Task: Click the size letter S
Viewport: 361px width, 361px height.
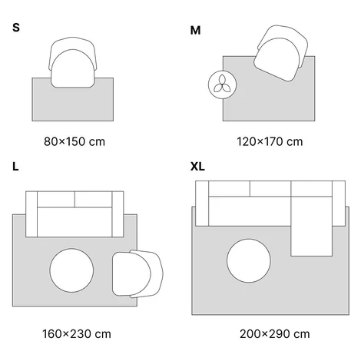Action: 16,28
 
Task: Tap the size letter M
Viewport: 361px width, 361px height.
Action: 195,31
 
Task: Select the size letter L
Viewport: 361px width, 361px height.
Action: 15,167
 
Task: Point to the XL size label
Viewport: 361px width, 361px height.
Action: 197,167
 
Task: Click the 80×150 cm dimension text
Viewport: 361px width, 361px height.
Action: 75,141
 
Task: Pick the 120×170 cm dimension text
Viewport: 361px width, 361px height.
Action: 270,141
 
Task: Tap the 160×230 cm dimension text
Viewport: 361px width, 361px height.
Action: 77,334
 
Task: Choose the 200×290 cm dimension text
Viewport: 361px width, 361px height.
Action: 275,334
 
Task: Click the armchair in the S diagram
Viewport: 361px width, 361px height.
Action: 73,62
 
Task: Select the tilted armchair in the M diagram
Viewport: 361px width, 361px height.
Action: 281,53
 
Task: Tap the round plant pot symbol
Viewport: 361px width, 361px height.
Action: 222,84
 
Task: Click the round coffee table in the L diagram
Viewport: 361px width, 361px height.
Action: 71,270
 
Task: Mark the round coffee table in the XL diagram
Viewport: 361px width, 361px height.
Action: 249,260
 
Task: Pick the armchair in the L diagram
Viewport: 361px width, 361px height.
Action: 137,274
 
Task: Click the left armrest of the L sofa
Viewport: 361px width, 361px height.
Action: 31,214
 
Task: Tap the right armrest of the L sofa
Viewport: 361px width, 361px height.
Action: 118,214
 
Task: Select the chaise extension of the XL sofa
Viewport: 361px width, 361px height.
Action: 311,227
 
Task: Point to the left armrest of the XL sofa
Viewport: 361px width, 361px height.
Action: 202,204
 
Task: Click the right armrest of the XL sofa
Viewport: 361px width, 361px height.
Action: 339,204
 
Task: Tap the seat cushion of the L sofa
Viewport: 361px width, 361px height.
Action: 75,222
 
